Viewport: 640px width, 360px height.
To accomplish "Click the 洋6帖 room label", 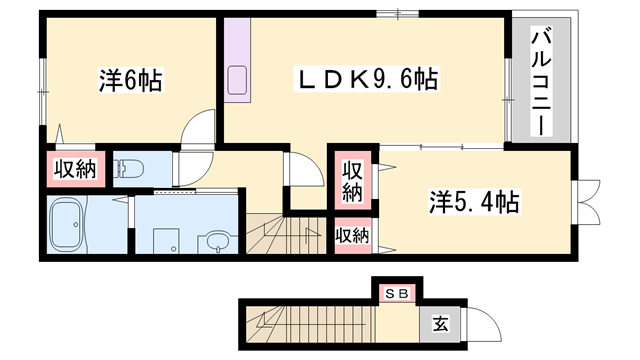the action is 131,80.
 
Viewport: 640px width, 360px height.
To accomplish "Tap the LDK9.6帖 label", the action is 367,79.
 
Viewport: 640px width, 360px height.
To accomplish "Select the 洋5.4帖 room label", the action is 473,202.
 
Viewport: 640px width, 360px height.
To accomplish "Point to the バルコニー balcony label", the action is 541,81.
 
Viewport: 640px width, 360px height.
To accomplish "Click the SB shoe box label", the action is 397,294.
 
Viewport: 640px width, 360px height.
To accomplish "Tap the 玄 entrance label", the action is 440,324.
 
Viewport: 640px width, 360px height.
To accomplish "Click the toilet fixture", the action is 128,169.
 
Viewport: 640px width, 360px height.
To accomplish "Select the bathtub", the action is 66,224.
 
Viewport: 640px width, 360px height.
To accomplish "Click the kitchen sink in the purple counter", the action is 237,80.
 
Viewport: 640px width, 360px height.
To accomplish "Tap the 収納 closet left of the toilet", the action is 76,169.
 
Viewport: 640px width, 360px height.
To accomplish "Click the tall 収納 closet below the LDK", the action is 353,181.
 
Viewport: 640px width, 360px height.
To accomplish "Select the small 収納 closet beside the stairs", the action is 353,236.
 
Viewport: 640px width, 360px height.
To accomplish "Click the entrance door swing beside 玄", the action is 483,324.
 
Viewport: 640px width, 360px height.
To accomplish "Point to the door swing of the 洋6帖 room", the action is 198,126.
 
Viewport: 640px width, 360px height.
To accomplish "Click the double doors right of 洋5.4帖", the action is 587,202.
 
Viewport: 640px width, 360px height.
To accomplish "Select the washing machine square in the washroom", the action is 166,241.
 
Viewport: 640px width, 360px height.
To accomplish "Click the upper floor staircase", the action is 286,233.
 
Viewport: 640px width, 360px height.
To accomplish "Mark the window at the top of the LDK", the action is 397,14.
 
